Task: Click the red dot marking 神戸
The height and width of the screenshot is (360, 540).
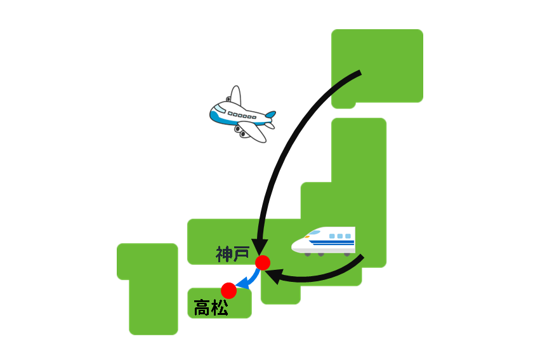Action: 263,263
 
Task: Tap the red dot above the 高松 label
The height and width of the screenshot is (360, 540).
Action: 228,290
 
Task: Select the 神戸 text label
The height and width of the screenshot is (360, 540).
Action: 232,254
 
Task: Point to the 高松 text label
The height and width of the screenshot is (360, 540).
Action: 211,308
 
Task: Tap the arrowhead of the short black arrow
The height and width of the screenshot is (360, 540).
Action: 273,276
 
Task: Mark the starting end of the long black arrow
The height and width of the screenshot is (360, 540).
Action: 360,72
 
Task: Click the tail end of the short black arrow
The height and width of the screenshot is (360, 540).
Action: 362,257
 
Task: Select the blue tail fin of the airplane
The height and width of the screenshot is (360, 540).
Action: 271,114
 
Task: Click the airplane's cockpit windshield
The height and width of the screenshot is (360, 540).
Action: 220,109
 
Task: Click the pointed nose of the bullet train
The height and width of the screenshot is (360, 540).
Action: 293,246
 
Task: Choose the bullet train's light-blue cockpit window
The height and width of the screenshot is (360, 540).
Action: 313,232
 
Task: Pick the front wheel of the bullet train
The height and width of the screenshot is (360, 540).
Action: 308,254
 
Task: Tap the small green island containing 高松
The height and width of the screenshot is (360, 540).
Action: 220,303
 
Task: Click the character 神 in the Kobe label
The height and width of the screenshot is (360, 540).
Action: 224,254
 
